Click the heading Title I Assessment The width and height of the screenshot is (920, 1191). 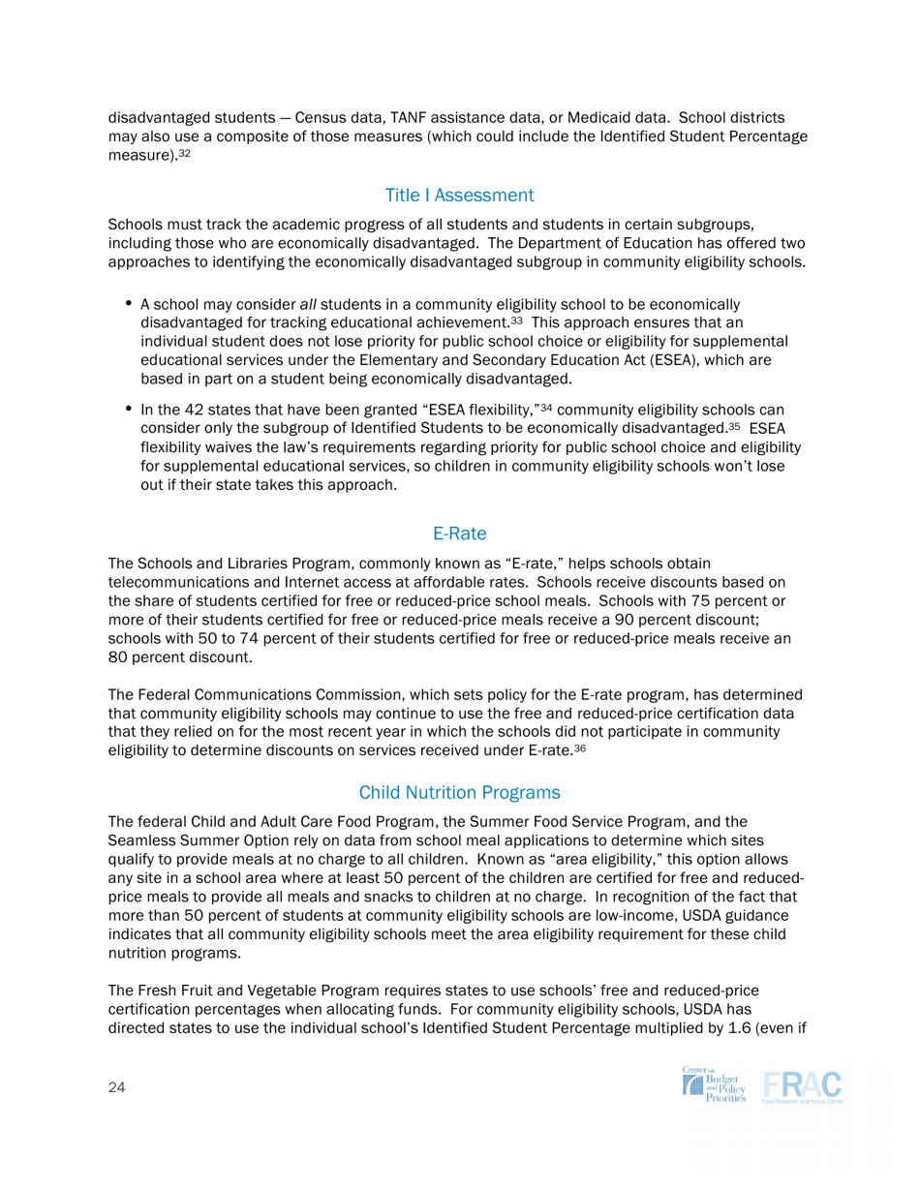tap(459, 196)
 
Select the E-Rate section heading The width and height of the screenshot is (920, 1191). tap(459, 532)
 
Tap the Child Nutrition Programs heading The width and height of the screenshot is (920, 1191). tap(459, 792)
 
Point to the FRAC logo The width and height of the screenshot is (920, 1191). tap(802, 1088)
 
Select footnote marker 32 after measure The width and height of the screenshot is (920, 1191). tap(183, 153)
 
